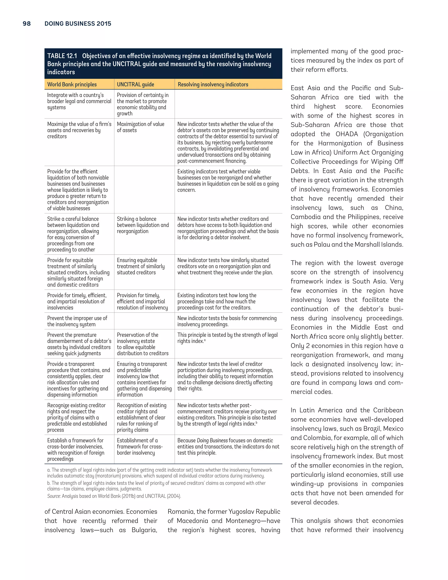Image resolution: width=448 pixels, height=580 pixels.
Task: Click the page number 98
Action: pos(26,24)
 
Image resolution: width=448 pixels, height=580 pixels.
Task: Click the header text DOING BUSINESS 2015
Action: pos(78,24)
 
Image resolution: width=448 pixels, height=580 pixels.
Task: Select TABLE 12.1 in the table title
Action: pos(62,56)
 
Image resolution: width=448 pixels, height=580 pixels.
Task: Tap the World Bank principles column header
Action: pos(72,84)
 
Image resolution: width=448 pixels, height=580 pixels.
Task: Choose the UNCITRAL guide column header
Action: pos(135,84)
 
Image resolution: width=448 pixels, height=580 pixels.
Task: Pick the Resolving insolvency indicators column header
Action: pos(213,84)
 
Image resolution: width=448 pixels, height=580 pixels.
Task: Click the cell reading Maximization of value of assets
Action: pos(140,127)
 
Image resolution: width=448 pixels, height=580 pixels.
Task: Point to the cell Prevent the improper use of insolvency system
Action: pos(77,321)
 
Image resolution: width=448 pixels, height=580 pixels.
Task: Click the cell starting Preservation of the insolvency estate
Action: pos(143,344)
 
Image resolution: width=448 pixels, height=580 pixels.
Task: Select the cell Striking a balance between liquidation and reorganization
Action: pos(143,225)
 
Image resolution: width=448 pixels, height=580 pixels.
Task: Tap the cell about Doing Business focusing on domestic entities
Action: pos(228,446)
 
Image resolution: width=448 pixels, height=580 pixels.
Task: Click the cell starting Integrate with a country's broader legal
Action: pos(79,101)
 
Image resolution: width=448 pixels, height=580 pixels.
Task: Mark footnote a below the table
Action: pos(159,473)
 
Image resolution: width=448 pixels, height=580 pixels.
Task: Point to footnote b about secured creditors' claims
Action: pos(157,486)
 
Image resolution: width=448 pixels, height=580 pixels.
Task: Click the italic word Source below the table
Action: pos(54,496)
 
